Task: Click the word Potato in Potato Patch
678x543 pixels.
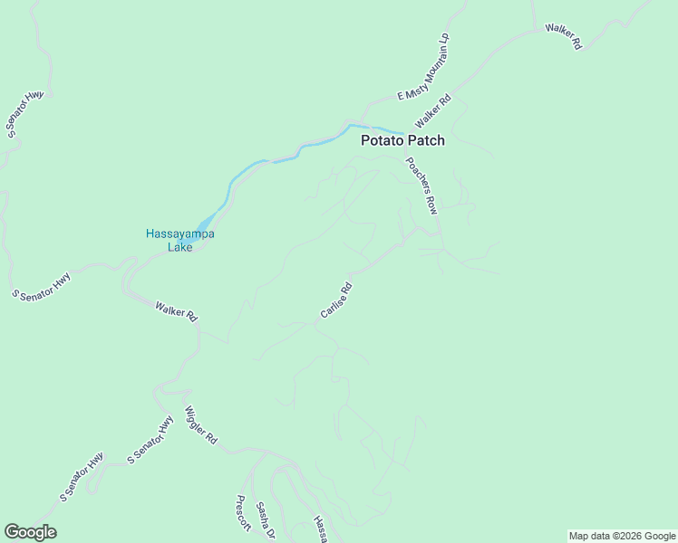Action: (383, 140)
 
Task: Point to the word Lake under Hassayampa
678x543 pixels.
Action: (179, 246)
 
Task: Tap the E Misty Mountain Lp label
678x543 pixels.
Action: (423, 67)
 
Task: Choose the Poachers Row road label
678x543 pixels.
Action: (421, 186)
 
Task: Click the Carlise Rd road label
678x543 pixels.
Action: (335, 300)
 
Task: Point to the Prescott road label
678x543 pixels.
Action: (243, 513)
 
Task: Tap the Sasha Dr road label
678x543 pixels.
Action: (264, 521)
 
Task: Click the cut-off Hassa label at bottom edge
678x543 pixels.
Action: (319, 529)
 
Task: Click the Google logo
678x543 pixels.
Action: (30, 532)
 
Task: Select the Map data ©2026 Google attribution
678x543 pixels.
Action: (622, 536)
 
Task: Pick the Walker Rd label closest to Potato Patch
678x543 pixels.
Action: (433, 111)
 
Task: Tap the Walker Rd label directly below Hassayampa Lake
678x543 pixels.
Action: (176, 313)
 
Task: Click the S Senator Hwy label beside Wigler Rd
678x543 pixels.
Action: (150, 440)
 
